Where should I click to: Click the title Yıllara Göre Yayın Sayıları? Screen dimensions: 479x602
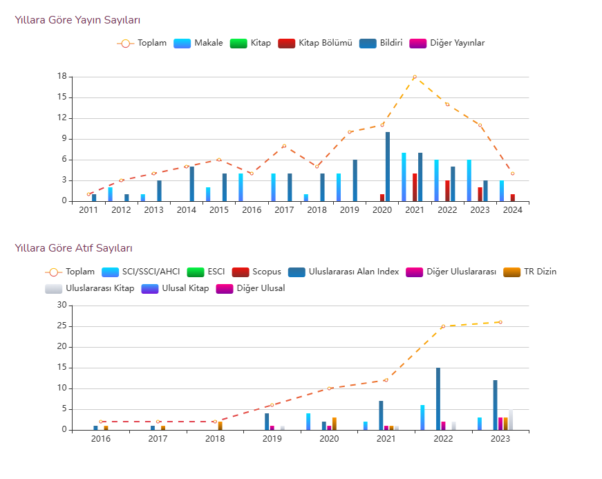(x=82, y=20)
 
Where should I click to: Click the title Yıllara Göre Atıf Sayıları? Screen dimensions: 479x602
(x=74, y=248)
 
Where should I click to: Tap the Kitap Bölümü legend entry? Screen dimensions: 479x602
(x=315, y=43)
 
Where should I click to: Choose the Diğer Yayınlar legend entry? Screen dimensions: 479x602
(x=447, y=43)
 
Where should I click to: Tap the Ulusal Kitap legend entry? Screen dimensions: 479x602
(x=175, y=288)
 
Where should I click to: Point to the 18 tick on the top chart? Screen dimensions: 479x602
(x=62, y=77)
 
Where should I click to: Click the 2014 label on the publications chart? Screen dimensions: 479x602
(x=187, y=210)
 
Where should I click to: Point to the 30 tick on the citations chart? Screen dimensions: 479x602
(x=62, y=306)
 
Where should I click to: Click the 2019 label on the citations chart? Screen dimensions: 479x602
(x=272, y=438)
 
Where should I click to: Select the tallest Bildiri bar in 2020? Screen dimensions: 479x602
(x=388, y=167)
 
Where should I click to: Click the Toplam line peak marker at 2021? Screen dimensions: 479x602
(x=415, y=77)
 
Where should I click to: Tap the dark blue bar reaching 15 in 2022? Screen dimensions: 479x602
(x=438, y=399)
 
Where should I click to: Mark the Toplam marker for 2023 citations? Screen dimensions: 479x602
(x=500, y=322)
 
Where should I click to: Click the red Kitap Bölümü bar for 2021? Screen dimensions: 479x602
(x=415, y=187)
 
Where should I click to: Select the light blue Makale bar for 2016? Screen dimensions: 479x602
(x=241, y=187)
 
